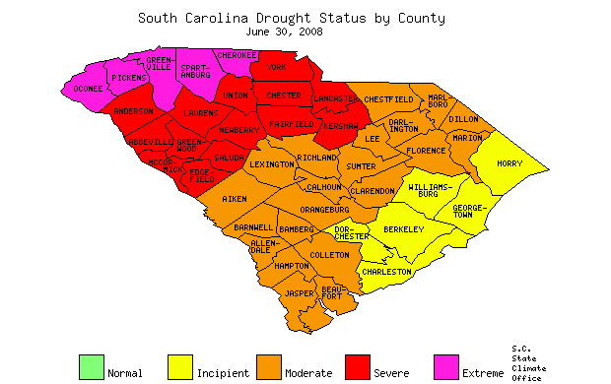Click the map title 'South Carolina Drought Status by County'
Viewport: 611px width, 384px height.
[291, 18]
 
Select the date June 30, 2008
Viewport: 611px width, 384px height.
[291, 32]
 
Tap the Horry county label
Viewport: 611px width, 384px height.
[509, 163]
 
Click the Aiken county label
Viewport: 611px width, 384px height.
[235, 199]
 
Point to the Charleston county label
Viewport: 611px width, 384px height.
[386, 271]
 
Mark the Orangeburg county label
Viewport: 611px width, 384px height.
[324, 210]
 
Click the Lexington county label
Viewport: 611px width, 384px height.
[271, 164]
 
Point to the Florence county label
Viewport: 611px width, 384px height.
[426, 151]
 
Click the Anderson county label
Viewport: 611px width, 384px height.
[133, 112]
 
